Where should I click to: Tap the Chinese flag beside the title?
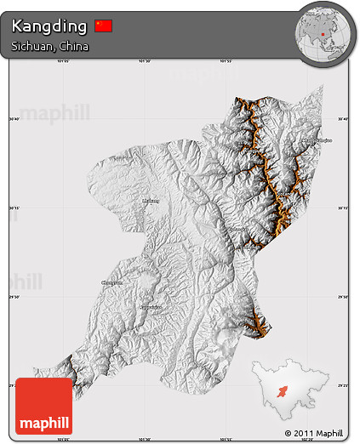pos(103,26)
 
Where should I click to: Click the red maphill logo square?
pos(44,406)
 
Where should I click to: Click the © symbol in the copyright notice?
pos(289,433)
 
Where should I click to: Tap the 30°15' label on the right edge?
pos(342,207)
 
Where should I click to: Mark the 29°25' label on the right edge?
pos(342,384)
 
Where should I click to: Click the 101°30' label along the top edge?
pos(144,62)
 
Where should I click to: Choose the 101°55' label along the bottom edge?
pos(226,439)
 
